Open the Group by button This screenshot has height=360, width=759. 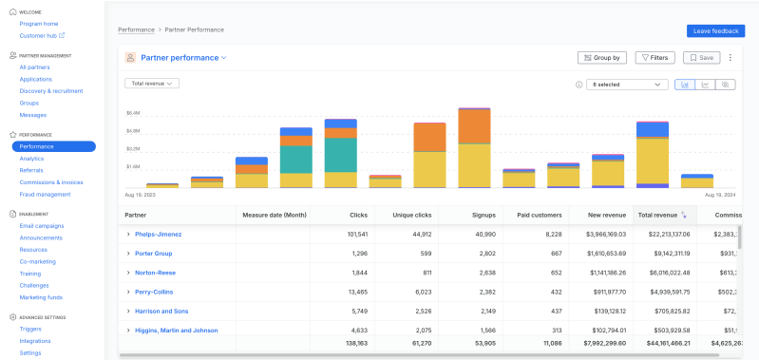coord(602,58)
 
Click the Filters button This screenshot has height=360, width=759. coord(655,58)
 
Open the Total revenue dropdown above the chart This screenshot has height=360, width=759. coord(152,84)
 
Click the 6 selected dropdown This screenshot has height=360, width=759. coord(628,85)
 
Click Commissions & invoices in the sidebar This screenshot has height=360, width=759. coord(51,182)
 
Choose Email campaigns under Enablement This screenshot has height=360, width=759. coord(42,226)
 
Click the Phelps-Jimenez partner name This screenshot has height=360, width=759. coord(158,234)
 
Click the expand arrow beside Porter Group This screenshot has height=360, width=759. coord(128,254)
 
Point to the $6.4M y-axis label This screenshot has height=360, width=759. coord(133,112)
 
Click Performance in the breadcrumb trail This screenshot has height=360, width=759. coord(135,30)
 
